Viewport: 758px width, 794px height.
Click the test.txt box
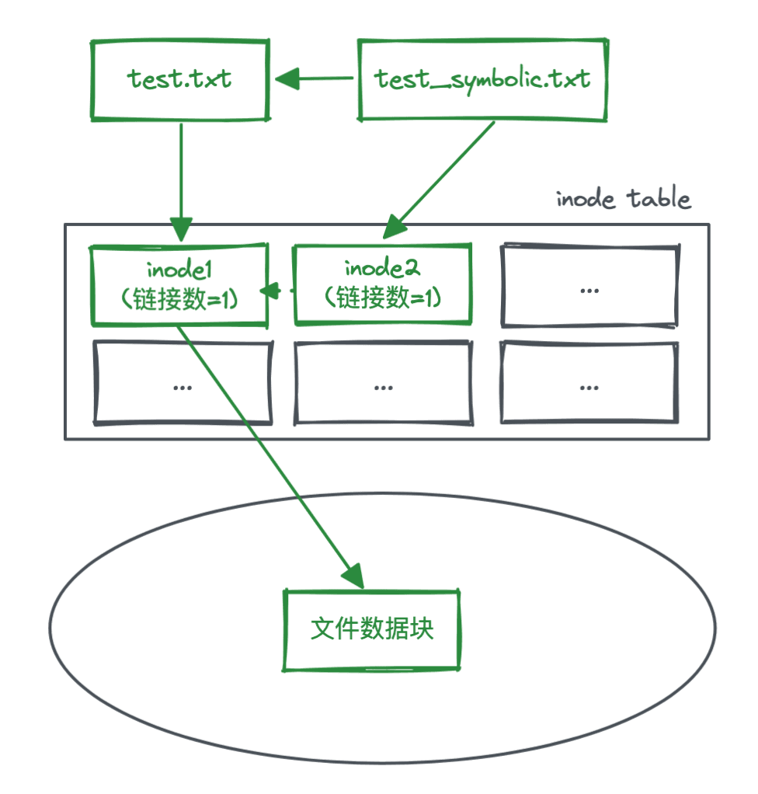point(180,79)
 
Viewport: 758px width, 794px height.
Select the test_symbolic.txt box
point(482,79)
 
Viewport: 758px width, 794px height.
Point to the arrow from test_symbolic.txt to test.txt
point(315,78)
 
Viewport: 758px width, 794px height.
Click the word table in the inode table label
point(659,199)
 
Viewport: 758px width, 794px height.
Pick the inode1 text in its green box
point(180,270)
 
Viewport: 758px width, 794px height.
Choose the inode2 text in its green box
point(381,270)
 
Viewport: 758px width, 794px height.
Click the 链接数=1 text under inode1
point(180,298)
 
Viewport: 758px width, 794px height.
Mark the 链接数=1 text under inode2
point(381,298)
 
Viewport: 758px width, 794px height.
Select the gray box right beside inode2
point(589,285)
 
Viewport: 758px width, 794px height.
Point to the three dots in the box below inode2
point(383,386)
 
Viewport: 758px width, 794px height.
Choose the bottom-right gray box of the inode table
point(589,383)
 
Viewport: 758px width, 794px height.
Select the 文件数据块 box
point(372,629)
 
